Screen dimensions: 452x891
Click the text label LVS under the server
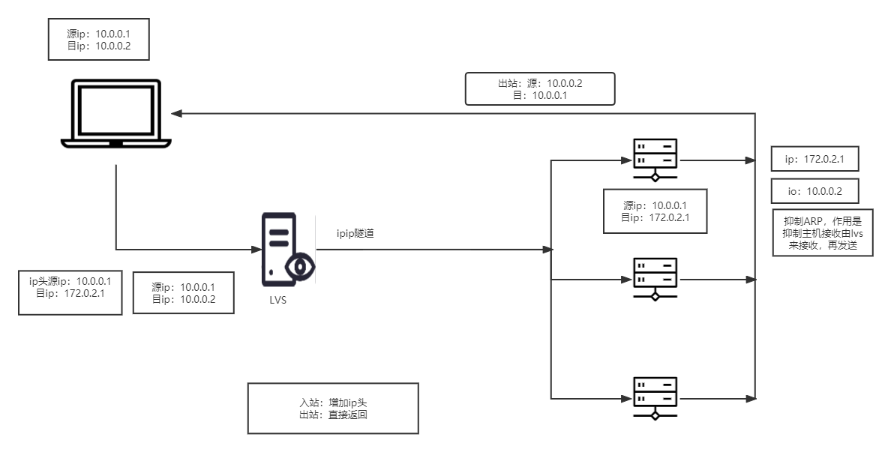tap(278, 300)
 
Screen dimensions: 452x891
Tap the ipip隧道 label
tap(355, 234)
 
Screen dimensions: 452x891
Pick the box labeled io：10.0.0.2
tap(814, 191)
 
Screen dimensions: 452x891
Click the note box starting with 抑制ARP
tap(823, 233)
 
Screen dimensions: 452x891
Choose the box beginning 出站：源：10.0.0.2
tap(539, 89)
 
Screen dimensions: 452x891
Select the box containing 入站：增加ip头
tap(332, 409)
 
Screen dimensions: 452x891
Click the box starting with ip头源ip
tap(70, 293)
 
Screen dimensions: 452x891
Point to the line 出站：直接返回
tap(333, 415)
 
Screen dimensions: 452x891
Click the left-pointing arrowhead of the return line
tap(175, 114)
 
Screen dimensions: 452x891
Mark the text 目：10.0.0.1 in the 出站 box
tap(539, 96)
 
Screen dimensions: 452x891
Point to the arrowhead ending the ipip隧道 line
tap(548, 249)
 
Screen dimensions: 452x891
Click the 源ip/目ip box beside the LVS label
tap(183, 293)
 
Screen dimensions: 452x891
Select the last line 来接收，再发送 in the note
tap(823, 246)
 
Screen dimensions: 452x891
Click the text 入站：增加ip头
tap(333, 403)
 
